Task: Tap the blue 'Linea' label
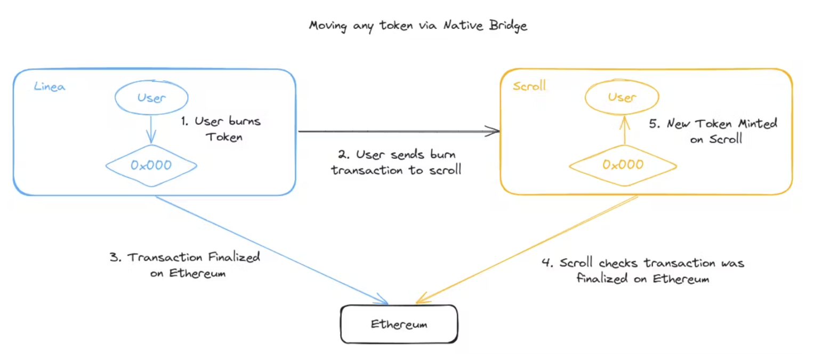49,87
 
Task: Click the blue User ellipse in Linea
151,98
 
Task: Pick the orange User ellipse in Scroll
622,98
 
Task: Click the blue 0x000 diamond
151,165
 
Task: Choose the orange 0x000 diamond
622,165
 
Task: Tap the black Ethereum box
399,324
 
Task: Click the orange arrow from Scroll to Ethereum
528,249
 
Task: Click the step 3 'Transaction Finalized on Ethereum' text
184,266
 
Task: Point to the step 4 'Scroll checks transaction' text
642,271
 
